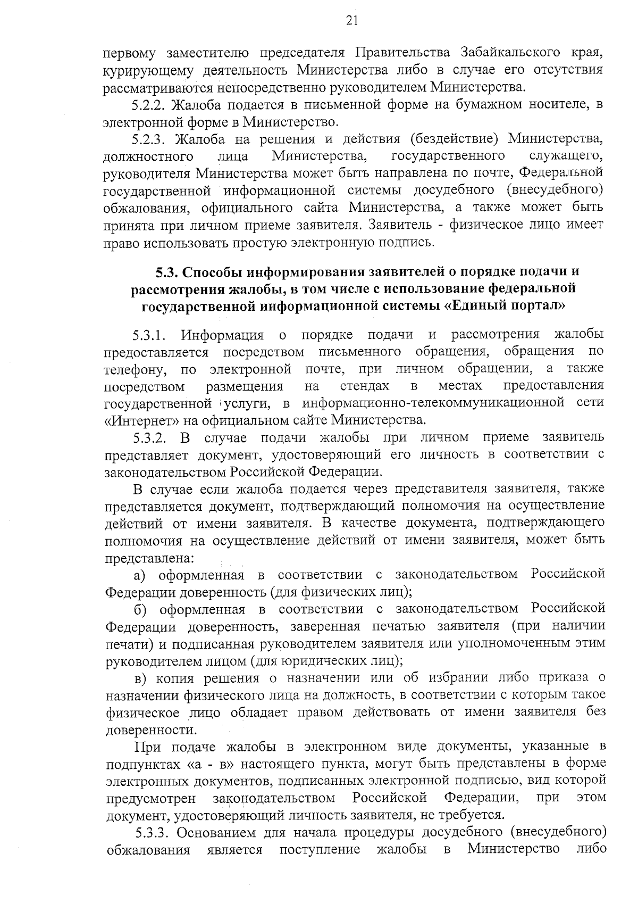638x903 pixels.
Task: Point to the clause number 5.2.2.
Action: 149,104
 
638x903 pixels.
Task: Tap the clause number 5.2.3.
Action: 149,139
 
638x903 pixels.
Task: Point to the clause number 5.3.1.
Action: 150,335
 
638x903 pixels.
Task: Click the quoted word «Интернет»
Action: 140,420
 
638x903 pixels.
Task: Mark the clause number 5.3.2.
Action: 150,437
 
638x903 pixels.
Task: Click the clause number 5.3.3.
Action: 153,833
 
